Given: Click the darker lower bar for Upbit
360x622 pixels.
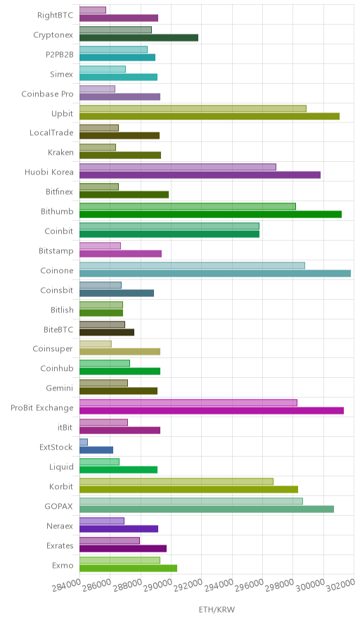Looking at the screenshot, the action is point(210,116).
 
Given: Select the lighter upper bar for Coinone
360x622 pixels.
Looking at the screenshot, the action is point(192,265).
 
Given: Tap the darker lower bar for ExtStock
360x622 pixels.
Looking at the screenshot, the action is point(96,450).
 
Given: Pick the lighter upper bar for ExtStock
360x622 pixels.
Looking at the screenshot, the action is point(84,442).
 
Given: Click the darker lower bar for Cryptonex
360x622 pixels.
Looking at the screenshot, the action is point(139,38).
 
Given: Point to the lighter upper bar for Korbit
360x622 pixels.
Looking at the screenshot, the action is point(176,481).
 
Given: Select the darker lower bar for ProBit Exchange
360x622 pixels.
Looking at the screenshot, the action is point(212,411).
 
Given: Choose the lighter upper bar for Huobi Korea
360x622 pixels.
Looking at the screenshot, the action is point(178,167).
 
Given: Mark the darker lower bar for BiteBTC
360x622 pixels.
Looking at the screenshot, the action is point(107,332).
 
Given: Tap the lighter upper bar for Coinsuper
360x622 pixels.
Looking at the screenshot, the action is point(96,344).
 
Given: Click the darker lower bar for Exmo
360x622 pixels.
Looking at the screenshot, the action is point(128,568).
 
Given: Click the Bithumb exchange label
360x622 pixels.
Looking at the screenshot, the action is point(57,211).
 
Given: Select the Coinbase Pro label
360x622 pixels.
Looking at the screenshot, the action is point(48,94).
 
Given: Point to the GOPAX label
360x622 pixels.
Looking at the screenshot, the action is point(59,507).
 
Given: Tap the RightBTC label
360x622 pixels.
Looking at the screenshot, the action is point(56,15).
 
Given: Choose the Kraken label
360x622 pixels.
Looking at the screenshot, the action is point(60,152).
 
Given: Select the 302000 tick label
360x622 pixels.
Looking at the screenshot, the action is point(340,584).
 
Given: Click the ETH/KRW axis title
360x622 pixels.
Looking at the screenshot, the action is point(217,610).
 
